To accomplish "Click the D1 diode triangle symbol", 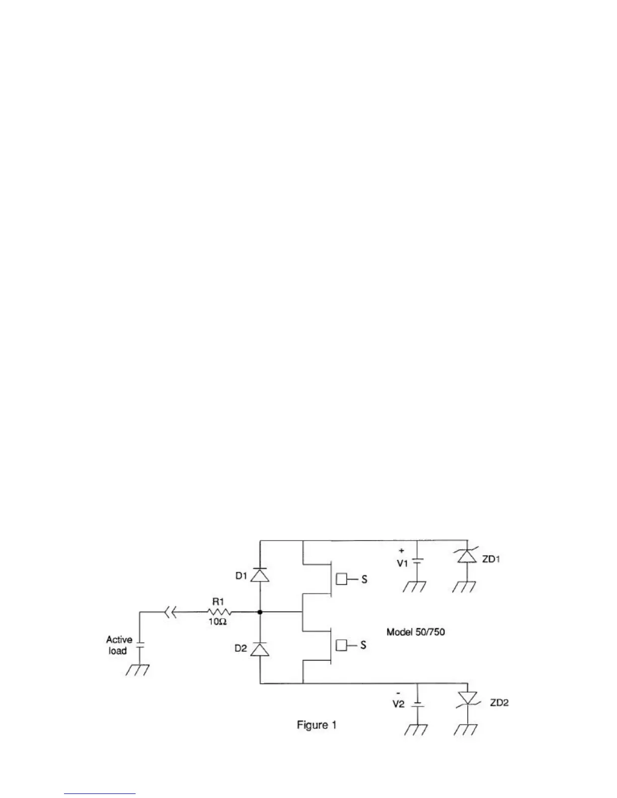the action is click(260, 575).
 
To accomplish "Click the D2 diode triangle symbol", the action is click(260, 649).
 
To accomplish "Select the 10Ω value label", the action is click(218, 622).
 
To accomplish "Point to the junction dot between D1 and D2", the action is click(260, 612).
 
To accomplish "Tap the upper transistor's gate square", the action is click(342, 579).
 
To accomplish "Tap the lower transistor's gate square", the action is click(342, 645).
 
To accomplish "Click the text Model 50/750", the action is click(415, 632).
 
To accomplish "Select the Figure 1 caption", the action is click(317, 725).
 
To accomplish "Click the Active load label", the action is click(119, 645).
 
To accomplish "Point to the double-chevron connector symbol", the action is click(170, 612).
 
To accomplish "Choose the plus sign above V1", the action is click(401, 551).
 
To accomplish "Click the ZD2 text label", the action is click(499, 703).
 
